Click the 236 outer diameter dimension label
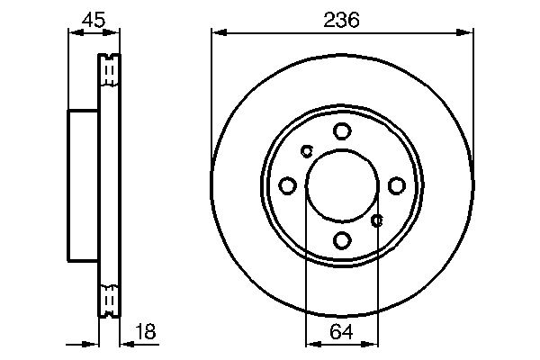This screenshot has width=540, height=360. coord(342,20)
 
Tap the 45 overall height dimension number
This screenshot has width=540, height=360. coord(93,20)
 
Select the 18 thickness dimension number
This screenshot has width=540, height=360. coord(144,332)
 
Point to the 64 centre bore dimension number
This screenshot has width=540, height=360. coord(342,332)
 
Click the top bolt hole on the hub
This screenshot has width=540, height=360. coord(342,131)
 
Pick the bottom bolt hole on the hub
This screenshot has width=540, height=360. coord(342,240)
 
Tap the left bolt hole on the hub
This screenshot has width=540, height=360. coord(288,185)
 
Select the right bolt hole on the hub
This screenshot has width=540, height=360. coord(396,185)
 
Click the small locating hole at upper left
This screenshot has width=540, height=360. coord(306,151)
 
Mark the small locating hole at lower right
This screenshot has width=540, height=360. coord(377,220)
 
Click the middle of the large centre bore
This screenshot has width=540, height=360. coord(342,185)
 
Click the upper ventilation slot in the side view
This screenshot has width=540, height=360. coord(109,70)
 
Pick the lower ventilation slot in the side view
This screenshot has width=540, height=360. coord(109,300)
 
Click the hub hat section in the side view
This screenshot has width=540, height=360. coord(83,185)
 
